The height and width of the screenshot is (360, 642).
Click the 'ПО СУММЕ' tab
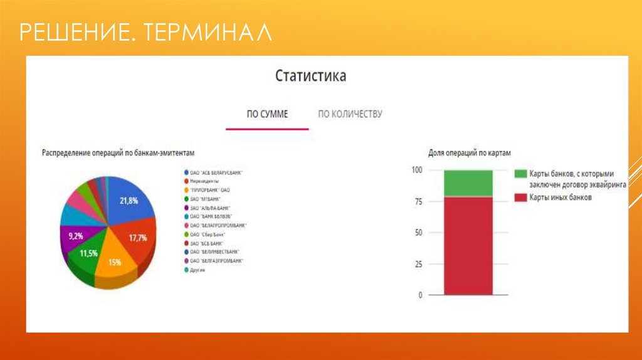coord(267,114)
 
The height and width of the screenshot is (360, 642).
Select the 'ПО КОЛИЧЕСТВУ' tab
coord(350,114)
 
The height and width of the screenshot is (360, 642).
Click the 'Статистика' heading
coord(310,77)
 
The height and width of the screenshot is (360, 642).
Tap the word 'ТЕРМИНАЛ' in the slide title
coord(207,33)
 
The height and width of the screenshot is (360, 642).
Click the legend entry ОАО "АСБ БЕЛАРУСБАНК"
coord(216,172)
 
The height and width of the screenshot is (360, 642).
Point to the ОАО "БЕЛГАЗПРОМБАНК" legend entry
coord(217,260)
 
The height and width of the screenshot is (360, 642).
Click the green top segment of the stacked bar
coord(468,183)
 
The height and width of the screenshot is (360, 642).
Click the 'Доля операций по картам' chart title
coord(470,153)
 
